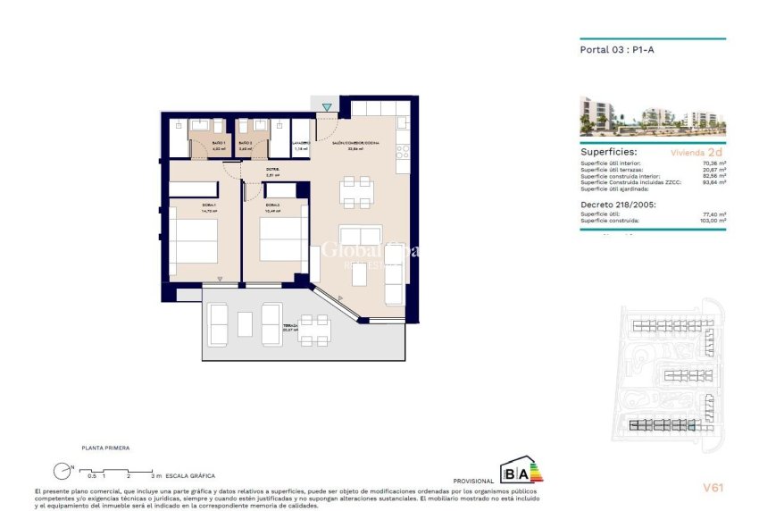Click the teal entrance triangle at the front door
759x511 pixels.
click(x=327, y=108)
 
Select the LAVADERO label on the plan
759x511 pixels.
click(x=302, y=143)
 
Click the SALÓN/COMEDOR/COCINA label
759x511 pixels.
click(x=355, y=143)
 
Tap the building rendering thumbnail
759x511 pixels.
click(x=652, y=113)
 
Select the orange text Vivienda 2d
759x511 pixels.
click(x=703, y=153)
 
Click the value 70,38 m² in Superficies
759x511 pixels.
click(x=713, y=163)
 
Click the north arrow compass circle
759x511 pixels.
click(x=62, y=470)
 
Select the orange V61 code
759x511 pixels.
click(x=713, y=487)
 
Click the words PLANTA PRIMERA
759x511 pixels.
click(x=105, y=448)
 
